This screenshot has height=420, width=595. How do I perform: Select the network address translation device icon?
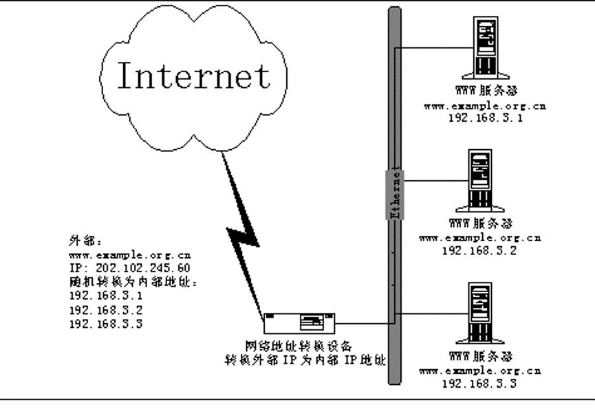point(303,322)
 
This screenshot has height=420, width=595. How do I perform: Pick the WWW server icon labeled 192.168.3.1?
point(486,48)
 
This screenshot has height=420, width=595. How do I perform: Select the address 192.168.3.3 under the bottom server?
point(481,383)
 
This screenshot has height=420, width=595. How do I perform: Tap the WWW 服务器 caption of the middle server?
point(481,224)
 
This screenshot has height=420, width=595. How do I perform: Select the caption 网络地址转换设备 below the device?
point(303,346)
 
